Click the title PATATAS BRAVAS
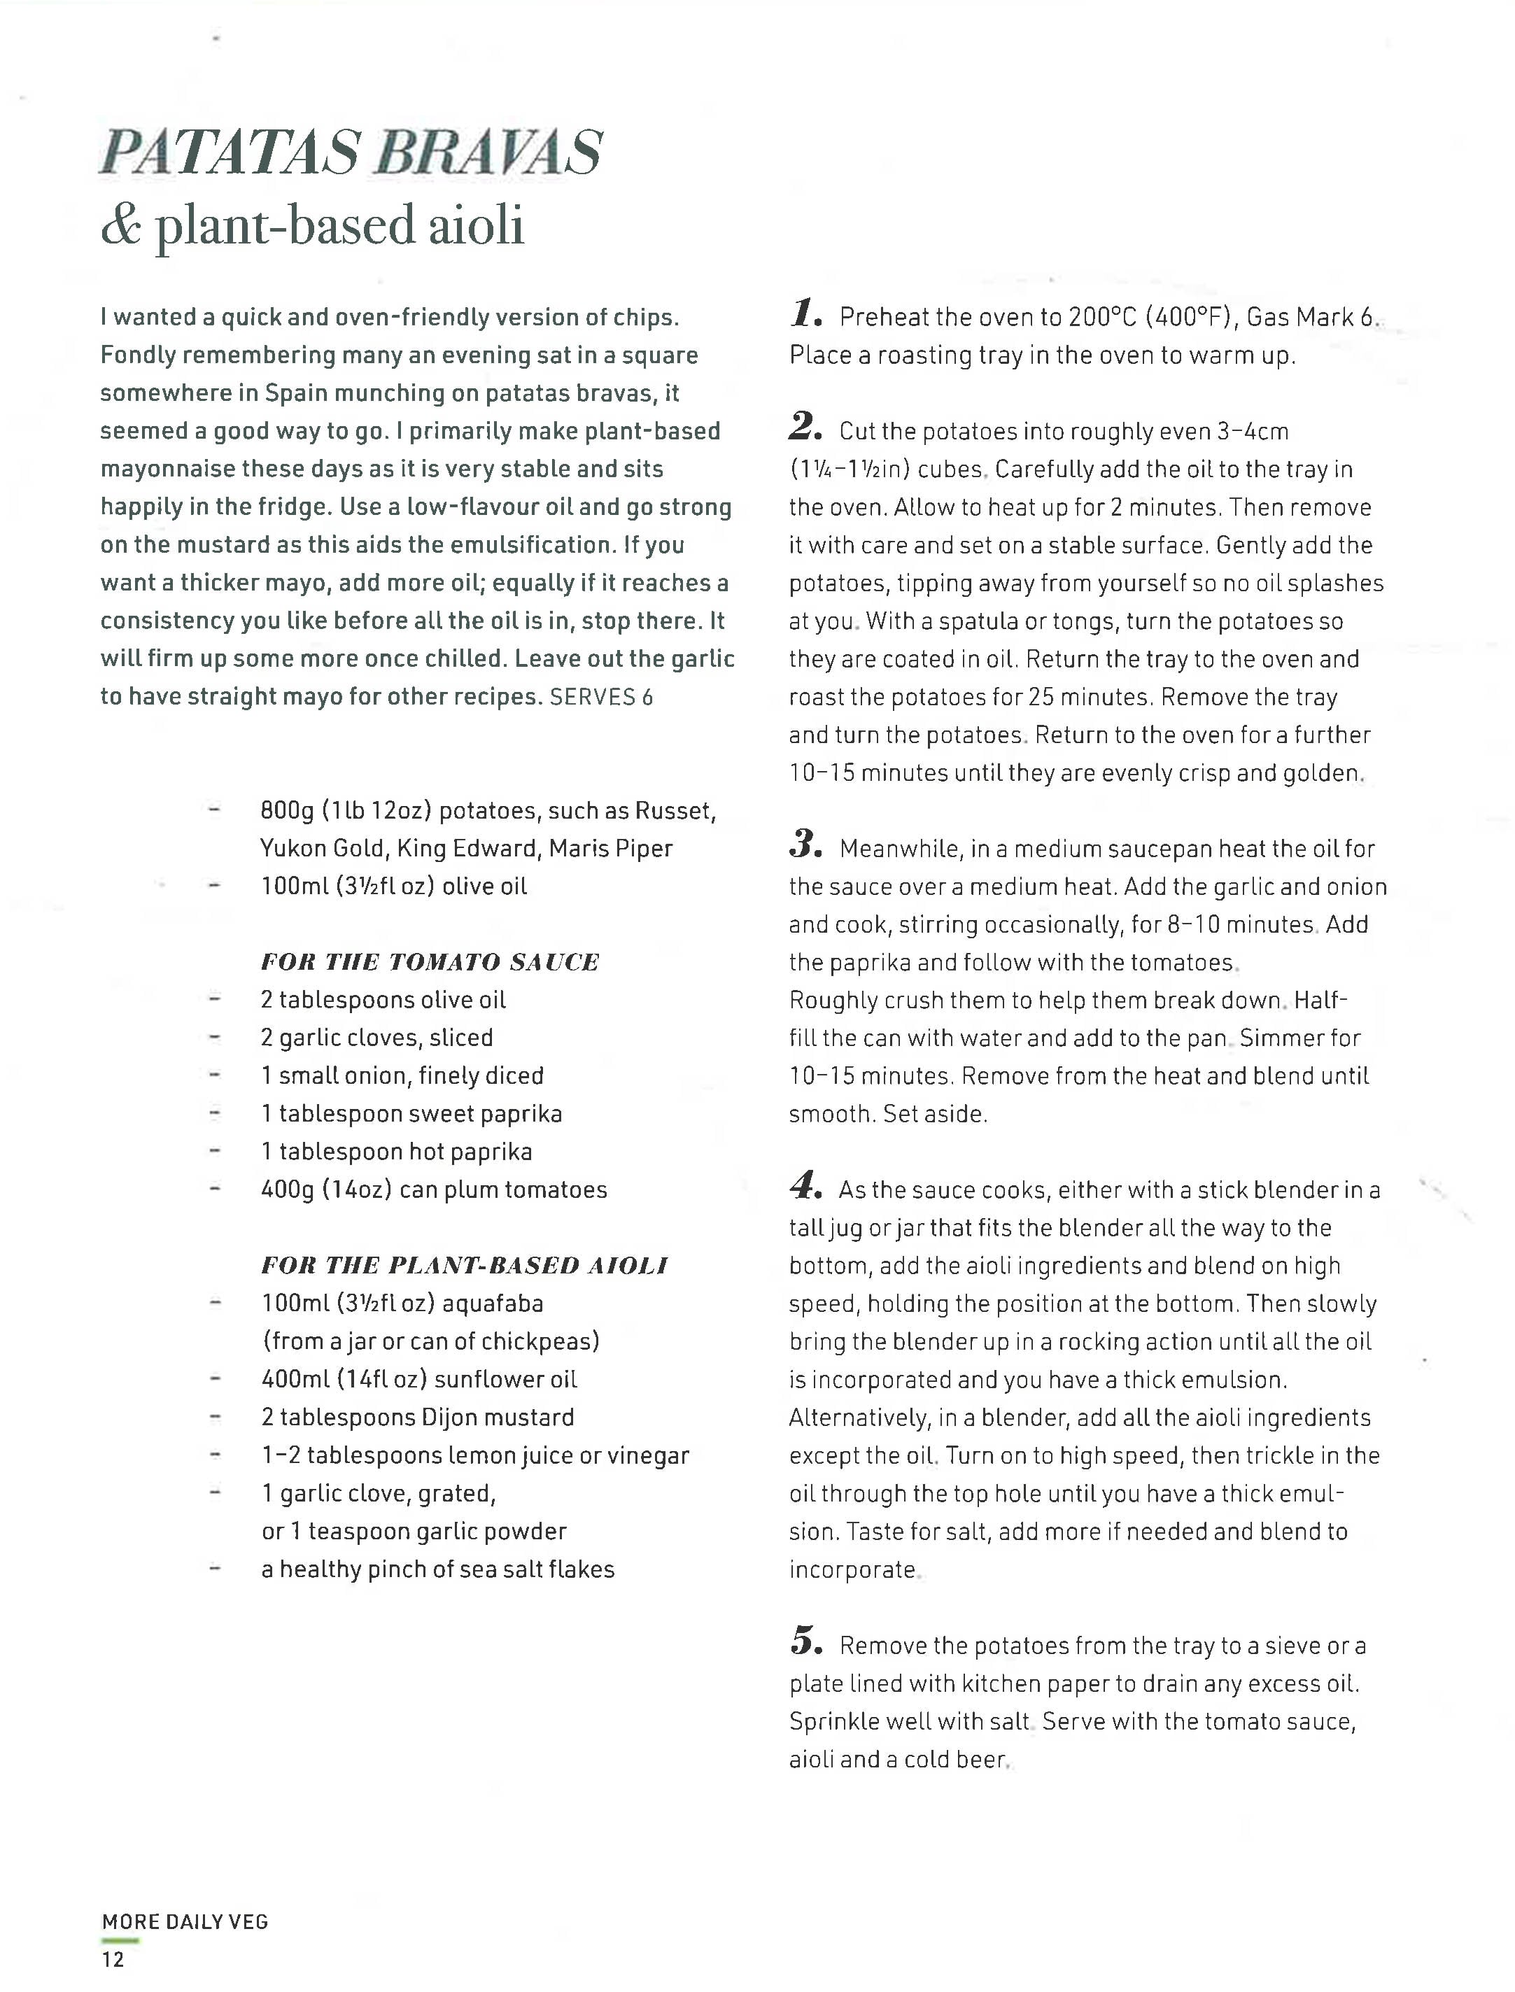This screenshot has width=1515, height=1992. (x=350, y=153)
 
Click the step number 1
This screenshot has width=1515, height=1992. (x=803, y=314)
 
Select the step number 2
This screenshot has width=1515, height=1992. (x=803, y=427)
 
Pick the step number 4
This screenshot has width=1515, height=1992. (x=803, y=1185)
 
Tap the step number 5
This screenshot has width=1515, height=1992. (x=803, y=1641)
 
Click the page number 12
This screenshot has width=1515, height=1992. (x=113, y=1958)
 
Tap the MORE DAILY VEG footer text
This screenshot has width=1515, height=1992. (x=185, y=1921)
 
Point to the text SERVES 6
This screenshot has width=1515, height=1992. (x=602, y=697)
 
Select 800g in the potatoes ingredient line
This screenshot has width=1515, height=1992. (x=287, y=811)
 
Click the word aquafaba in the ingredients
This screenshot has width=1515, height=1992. (x=493, y=1303)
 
